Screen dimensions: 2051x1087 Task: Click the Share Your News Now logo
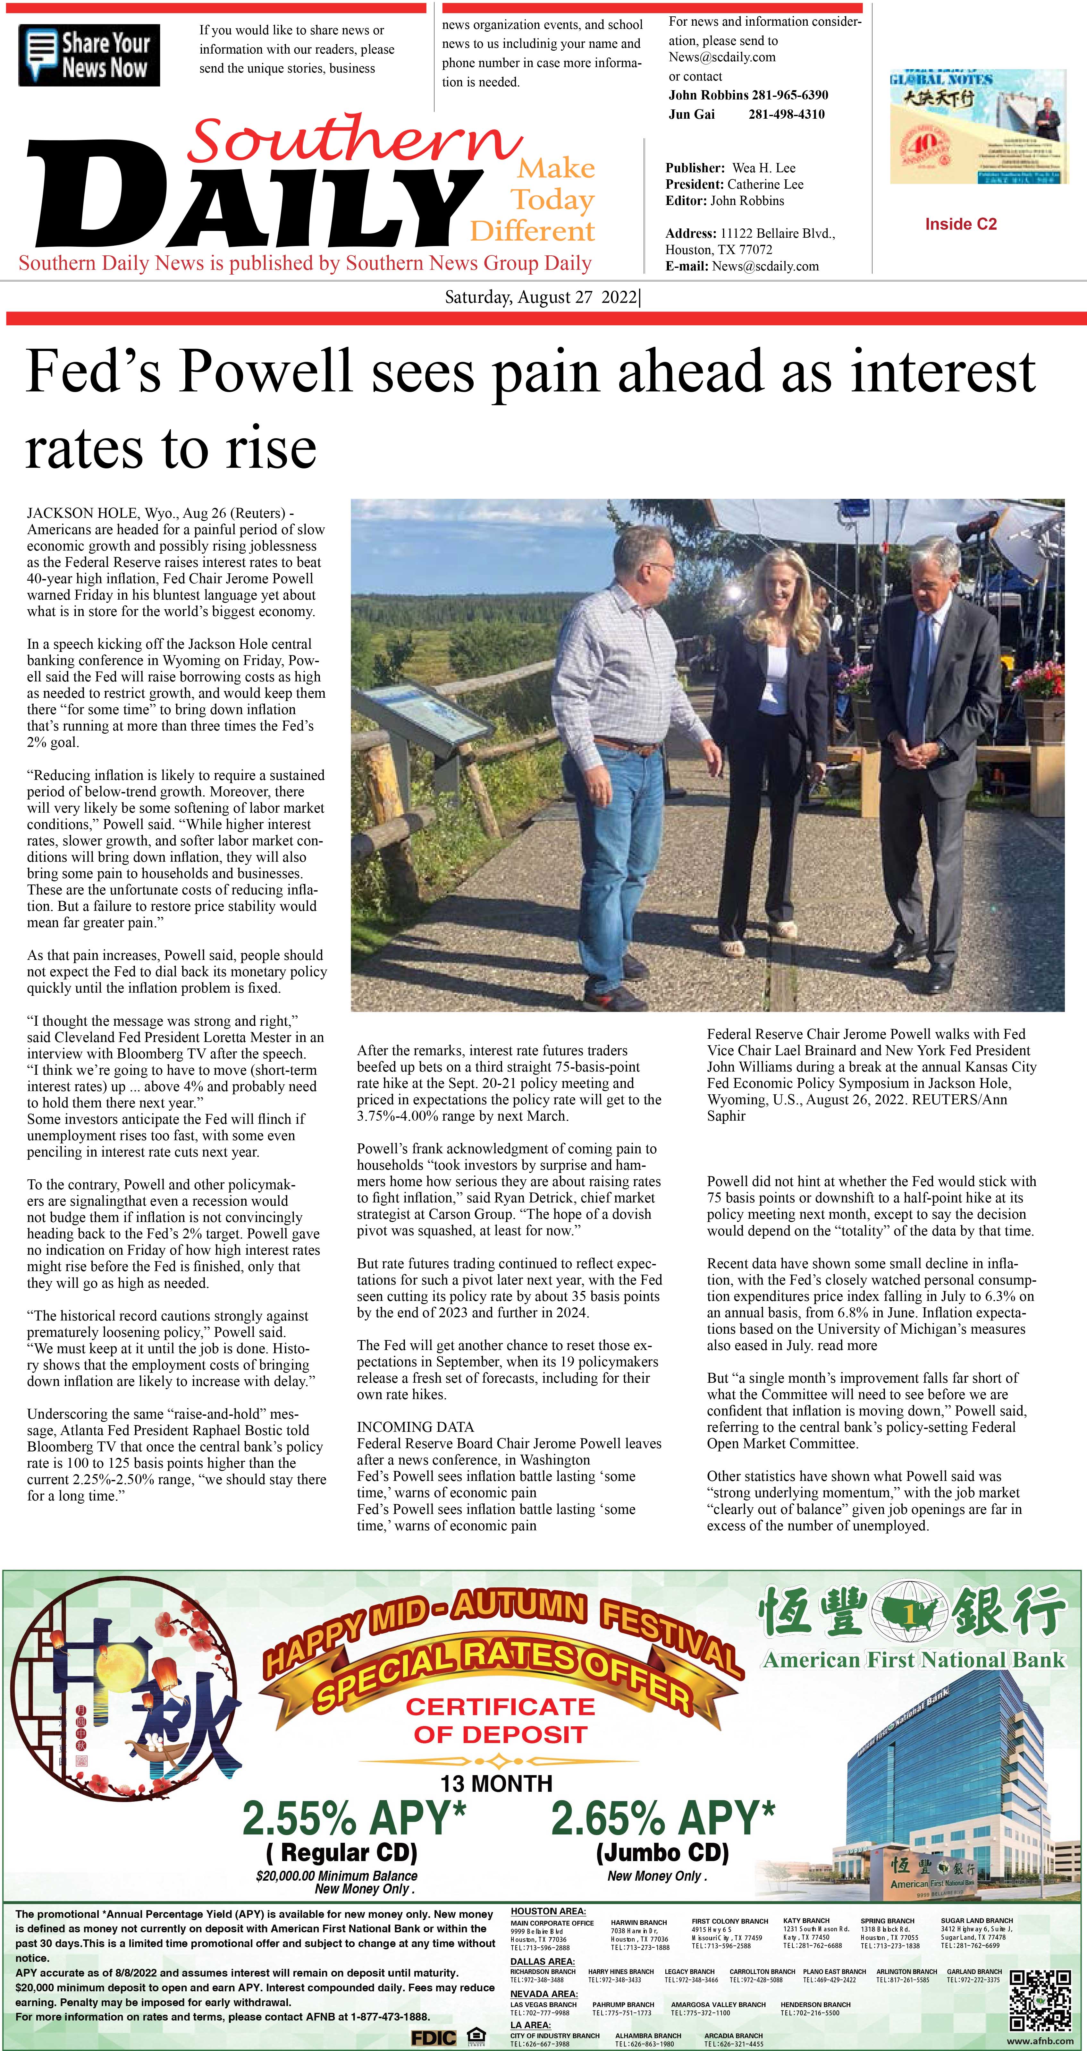pyautogui.click(x=89, y=56)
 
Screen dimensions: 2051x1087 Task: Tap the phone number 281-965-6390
pyautogui.click(x=789, y=95)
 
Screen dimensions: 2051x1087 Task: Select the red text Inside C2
pyautogui.click(x=960, y=225)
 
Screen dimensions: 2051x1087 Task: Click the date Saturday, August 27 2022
pyautogui.click(x=541, y=298)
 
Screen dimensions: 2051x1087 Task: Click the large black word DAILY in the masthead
pyautogui.click(x=247, y=199)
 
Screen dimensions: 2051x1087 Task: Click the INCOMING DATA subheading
pyautogui.click(x=415, y=1427)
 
